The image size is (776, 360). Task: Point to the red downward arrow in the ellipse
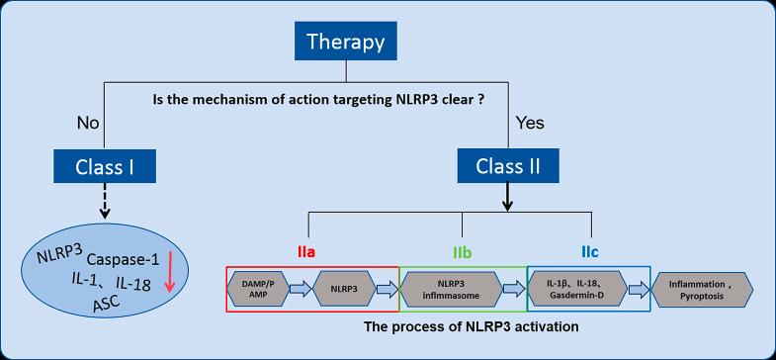tap(169, 274)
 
